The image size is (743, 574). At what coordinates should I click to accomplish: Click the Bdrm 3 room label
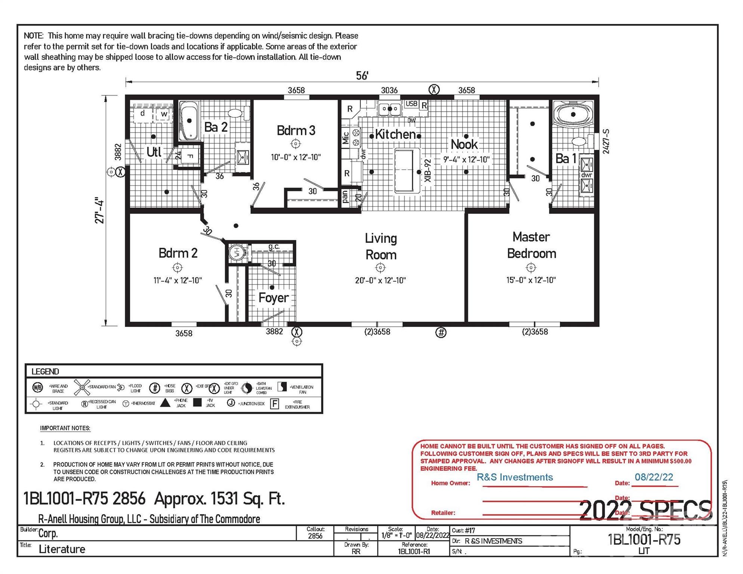296,130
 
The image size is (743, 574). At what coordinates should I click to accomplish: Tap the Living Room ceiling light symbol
380,268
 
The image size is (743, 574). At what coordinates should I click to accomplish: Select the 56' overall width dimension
362,76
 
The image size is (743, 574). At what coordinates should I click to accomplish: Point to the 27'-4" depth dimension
99,210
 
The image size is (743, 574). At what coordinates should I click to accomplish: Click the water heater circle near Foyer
236,252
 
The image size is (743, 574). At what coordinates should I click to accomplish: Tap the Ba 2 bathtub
189,121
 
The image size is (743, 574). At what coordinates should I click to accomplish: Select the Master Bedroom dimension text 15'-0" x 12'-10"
531,280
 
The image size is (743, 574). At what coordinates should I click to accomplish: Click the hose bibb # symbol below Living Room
441,332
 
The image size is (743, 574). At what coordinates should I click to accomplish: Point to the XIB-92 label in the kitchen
428,170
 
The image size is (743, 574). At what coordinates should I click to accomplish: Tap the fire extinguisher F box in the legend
274,404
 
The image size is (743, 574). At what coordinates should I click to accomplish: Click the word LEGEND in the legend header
45,371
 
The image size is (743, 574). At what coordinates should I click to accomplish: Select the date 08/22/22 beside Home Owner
654,477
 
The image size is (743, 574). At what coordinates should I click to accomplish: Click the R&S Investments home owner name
515,477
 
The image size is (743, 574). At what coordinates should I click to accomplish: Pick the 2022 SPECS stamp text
645,510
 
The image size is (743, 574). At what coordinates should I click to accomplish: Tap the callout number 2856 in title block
315,536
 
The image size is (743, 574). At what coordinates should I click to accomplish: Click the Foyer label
274,298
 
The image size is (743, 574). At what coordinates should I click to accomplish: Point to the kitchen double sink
389,109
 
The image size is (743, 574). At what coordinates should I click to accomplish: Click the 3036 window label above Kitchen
389,90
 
